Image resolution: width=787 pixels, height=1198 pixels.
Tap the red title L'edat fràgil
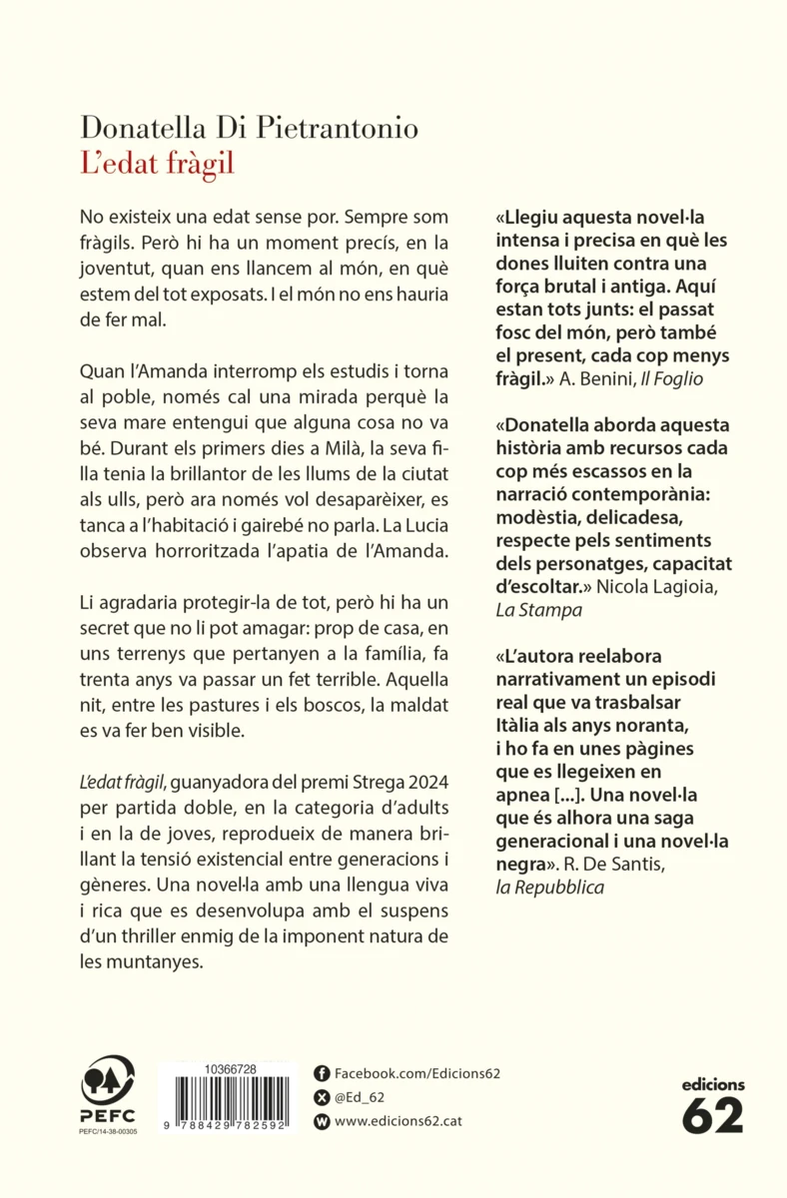(x=157, y=163)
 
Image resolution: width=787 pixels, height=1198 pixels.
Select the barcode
(x=230, y=1102)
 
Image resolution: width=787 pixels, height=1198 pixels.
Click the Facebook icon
(x=322, y=1073)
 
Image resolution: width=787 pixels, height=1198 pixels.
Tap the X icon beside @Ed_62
(x=322, y=1097)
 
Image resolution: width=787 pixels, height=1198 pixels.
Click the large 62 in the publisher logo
(x=713, y=1115)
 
